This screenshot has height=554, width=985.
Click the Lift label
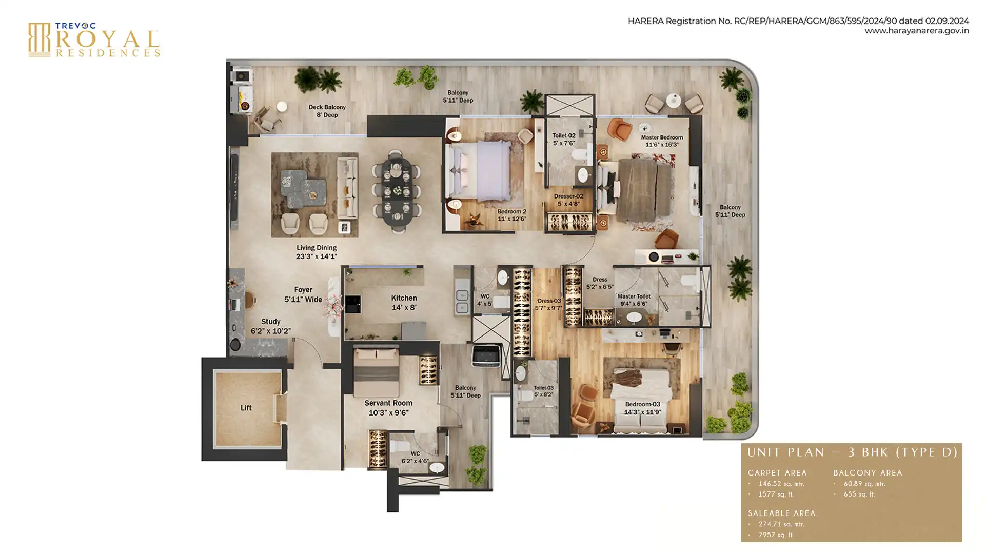pos(246,408)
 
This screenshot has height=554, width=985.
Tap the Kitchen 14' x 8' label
pos(404,303)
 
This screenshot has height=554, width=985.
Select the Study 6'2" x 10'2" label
pos(271,326)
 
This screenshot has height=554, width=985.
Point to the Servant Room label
pos(388,403)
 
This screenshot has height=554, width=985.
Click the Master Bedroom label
pos(662,137)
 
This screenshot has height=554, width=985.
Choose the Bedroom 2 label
pos(511,211)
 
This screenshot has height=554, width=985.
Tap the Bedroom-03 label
pos(642,404)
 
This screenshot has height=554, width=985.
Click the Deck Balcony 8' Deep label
pos(327,111)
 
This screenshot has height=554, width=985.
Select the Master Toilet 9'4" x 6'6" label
pos(634,300)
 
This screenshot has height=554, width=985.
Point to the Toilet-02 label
pos(564,135)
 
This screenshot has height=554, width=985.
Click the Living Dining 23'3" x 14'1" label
pos(317,252)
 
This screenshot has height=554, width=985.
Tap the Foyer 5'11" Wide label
pos(303,294)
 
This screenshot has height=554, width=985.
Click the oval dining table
pos(396,192)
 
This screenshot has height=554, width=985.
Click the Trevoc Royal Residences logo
pos(94,39)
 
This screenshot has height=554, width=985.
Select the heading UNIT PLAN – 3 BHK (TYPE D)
pos(853,452)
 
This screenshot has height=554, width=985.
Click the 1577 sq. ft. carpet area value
pos(776,494)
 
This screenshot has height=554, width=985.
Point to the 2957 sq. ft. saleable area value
pos(776,535)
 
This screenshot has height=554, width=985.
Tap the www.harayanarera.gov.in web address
pos(917,31)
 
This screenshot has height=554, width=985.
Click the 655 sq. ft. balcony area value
pos(859,494)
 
